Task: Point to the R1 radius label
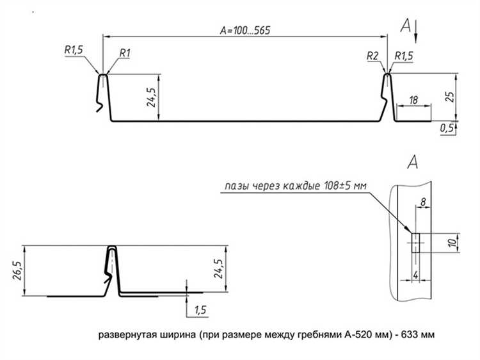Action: tap(125, 53)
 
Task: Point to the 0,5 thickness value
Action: tap(447, 129)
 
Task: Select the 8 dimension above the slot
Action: tap(423, 202)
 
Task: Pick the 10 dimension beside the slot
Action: tap(452, 243)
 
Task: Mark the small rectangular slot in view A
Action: tap(414, 243)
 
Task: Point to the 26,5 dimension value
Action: tap(17, 270)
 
